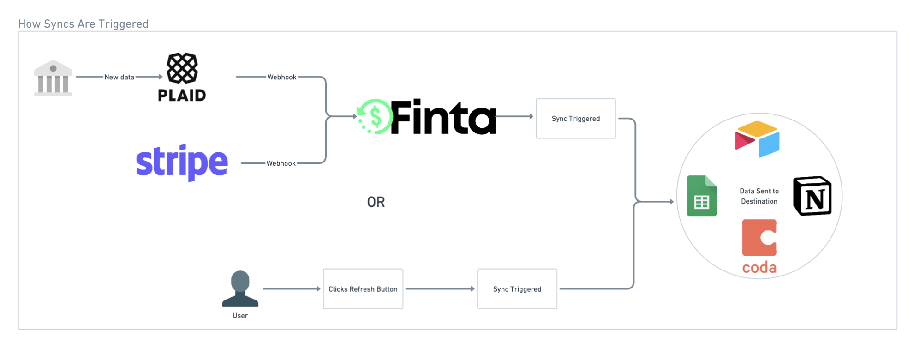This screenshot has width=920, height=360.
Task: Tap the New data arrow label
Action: [x=119, y=77]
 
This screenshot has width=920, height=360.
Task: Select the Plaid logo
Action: [x=182, y=77]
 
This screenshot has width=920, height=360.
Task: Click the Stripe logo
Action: [x=182, y=162]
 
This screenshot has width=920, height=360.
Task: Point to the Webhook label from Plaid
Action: [x=281, y=77]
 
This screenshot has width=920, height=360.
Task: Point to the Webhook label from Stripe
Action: [x=281, y=163]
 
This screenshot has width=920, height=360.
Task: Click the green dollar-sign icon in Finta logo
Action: [x=375, y=117]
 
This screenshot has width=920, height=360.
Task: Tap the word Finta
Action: [x=443, y=117]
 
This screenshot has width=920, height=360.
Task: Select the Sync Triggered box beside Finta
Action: [x=575, y=119]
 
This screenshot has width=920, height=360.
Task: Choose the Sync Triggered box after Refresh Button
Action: [x=517, y=289]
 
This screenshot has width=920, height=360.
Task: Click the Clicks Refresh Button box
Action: [x=363, y=289]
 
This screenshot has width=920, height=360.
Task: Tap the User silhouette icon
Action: [x=240, y=289]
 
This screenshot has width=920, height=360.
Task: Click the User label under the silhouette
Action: [x=240, y=316]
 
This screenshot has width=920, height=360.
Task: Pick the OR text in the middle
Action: [x=376, y=202]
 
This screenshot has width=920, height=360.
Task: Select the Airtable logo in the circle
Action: [x=757, y=139]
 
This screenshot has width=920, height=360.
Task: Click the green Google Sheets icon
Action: [x=701, y=196]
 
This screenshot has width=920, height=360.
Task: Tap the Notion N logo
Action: [x=812, y=196]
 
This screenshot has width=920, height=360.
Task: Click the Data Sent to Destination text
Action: [x=759, y=196]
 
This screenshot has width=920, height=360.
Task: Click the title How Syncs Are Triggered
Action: [x=84, y=24]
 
